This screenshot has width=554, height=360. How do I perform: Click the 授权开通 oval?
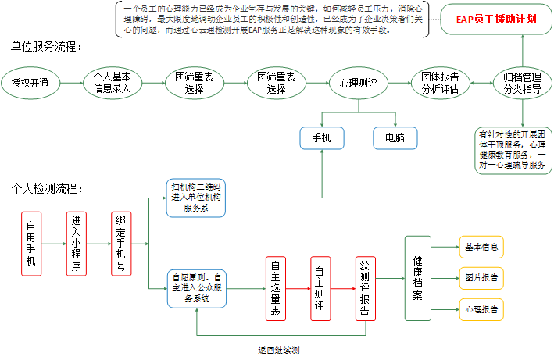[x=30, y=83]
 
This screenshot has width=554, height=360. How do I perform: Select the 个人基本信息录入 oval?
[x=112, y=83]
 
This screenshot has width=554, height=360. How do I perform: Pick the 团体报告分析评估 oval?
[x=440, y=83]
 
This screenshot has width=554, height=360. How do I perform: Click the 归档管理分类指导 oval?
[x=521, y=83]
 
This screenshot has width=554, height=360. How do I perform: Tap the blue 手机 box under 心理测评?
[x=322, y=138]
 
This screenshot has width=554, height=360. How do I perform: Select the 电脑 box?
[x=395, y=138]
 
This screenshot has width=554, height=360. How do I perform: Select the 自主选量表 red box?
[x=276, y=287]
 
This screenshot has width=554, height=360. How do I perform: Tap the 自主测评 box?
[x=320, y=287]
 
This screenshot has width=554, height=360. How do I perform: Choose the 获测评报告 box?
[x=365, y=287]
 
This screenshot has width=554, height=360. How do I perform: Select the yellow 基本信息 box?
[x=479, y=248]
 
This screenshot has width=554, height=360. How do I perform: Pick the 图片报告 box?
[x=479, y=278]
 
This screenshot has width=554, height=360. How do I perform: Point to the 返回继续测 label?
[x=278, y=349]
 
